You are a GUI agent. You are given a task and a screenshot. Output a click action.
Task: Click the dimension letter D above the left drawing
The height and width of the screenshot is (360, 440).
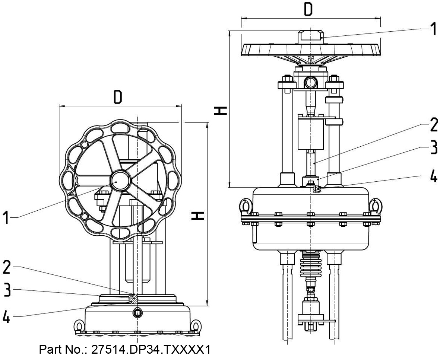pos(118,97)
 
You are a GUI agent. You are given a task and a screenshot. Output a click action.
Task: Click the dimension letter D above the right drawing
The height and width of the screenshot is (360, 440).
pos(308,9)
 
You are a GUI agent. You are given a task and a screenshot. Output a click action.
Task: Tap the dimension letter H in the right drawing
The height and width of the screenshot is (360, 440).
pos(220,111)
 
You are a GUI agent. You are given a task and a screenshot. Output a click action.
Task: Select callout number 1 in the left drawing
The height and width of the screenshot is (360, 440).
pos(6,218)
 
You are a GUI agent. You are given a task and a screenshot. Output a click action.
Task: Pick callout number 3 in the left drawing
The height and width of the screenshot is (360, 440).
pos(7,290)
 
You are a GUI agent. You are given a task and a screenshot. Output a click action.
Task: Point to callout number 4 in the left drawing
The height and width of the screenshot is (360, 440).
pos(6,316)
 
